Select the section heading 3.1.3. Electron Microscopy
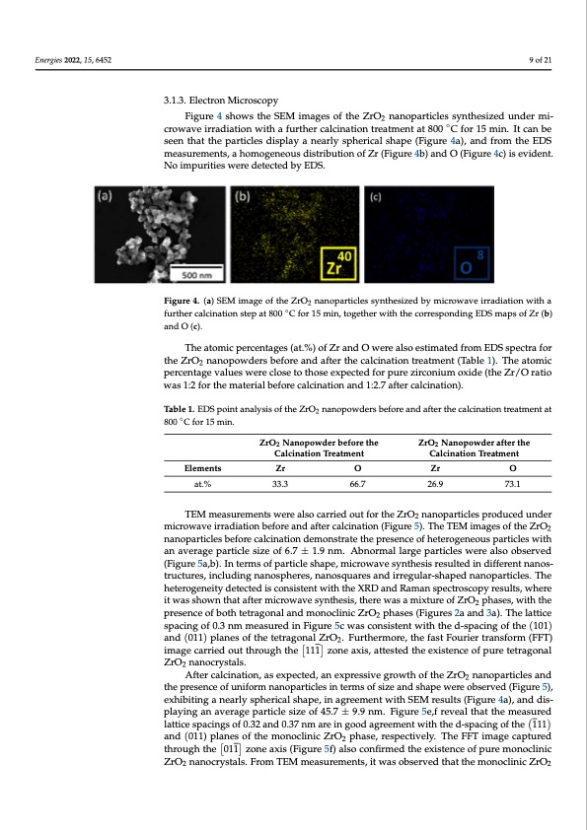click(x=220, y=101)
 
